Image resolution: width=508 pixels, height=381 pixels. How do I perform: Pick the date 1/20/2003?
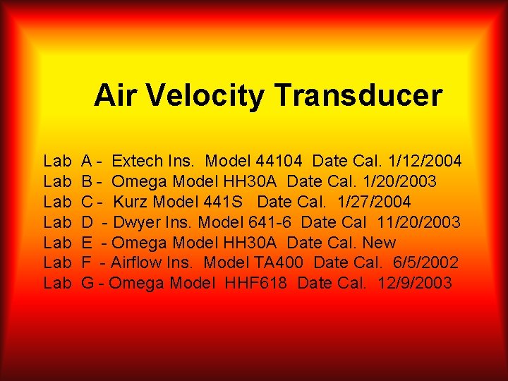point(397,182)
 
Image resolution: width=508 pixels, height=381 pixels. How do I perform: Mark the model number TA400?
point(277,263)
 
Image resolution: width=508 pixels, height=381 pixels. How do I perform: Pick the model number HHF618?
point(256,284)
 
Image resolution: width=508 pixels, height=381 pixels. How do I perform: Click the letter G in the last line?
point(88,284)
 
